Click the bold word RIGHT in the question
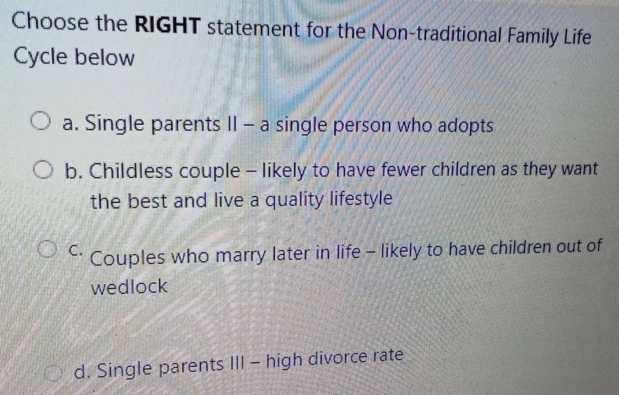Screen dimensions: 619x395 168,25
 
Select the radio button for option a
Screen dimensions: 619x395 41,122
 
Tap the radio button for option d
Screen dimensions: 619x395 54,373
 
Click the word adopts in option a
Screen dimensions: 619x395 466,126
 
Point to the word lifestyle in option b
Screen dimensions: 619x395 361,199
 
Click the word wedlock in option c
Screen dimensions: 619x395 129,286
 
